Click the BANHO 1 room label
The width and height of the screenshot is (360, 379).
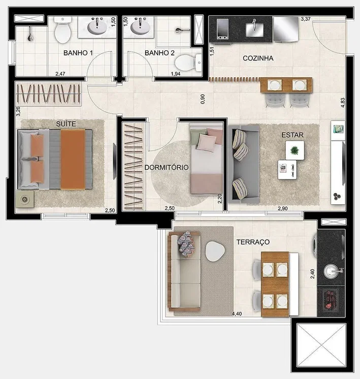click(78, 53)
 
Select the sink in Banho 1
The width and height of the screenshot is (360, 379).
click(97, 26)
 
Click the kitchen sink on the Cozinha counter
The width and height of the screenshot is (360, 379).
click(254, 29)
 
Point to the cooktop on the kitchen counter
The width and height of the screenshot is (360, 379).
click(222, 29)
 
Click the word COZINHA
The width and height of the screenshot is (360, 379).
click(258, 58)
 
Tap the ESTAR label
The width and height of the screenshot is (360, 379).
click(292, 135)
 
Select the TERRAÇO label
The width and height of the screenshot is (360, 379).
click(253, 242)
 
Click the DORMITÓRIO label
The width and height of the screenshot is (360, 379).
click(167, 167)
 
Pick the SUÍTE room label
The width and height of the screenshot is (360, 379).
click(66, 124)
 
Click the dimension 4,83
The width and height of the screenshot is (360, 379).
click(343, 103)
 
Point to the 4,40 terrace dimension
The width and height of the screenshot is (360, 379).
click(237, 314)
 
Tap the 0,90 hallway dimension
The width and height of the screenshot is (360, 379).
click(203, 99)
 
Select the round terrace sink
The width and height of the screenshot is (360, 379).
click(331, 271)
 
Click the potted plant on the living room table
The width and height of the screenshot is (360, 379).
click(294, 150)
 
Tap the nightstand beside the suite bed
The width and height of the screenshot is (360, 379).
click(25, 199)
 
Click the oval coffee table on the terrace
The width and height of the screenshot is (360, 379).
click(215, 251)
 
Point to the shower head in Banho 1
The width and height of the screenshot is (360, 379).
click(30, 35)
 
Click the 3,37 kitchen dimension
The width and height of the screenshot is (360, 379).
click(306, 19)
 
